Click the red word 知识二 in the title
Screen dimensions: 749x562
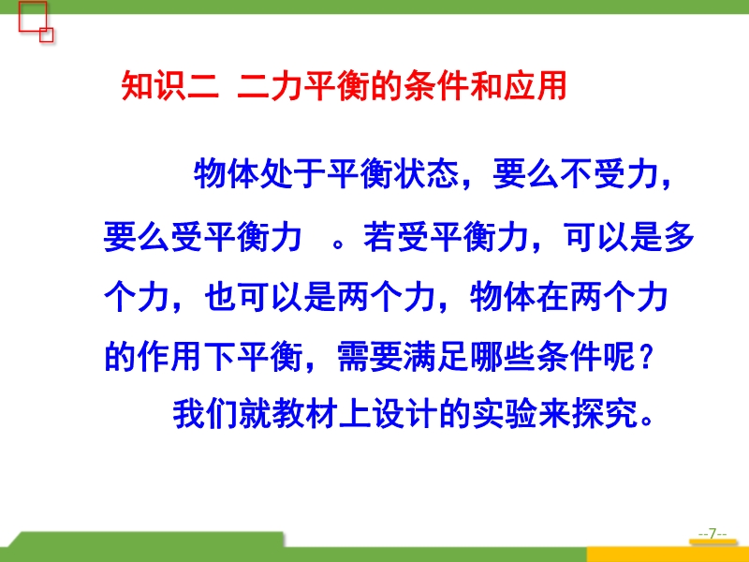pos(170,86)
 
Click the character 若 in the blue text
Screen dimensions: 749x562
pos(380,237)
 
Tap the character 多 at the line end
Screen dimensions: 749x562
pos(678,237)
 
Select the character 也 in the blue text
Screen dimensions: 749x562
pos(221,297)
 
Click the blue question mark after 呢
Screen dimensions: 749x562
pos(645,357)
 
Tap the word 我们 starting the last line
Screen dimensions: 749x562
pos(205,413)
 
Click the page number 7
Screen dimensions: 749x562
pos(712,533)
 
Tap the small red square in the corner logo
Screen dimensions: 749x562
pos(46,35)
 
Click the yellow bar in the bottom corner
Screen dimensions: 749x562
pos(668,555)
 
